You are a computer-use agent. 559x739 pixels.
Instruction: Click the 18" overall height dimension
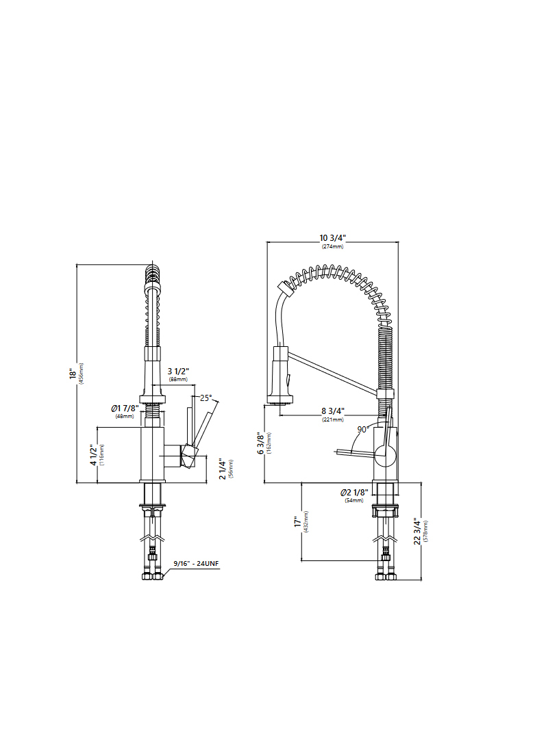[x=72, y=374]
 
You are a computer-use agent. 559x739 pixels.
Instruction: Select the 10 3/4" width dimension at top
[x=333, y=238]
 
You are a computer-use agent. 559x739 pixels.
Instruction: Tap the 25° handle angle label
[x=206, y=397]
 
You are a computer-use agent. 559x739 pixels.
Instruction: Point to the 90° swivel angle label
[x=363, y=429]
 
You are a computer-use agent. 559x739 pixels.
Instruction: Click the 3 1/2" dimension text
[x=178, y=371]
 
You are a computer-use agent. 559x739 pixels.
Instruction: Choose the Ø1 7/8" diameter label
[x=125, y=409]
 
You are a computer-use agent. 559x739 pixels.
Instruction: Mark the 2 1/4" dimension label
[x=222, y=469]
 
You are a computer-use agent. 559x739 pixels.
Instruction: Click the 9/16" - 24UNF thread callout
[x=195, y=563]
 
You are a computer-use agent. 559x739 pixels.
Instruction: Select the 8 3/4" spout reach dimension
[x=333, y=411]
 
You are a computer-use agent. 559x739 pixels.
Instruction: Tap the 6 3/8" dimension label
[x=260, y=443]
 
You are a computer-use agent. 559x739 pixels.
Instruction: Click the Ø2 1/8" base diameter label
[x=354, y=493]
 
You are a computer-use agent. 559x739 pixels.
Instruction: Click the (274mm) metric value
[x=333, y=246]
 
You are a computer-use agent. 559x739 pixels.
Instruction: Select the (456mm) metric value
[x=81, y=374]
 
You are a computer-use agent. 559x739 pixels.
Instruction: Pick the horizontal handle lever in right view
[x=353, y=451]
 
